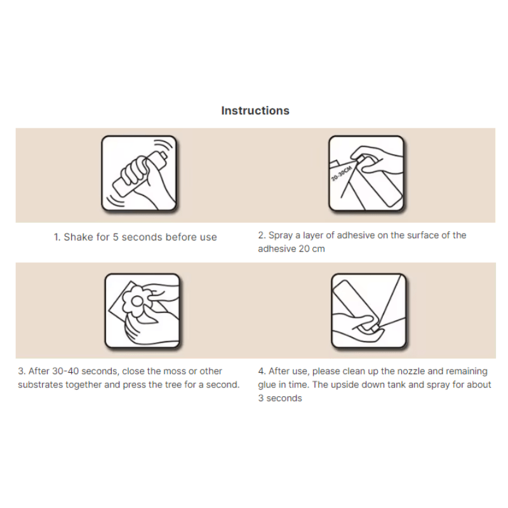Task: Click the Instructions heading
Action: [255, 110]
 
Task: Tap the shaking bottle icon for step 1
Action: [139, 173]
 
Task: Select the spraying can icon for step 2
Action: [366, 173]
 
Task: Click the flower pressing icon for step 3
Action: [142, 311]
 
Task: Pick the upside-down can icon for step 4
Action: [369, 311]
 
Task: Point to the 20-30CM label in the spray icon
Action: [342, 173]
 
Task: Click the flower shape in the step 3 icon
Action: [137, 302]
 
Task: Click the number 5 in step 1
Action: [116, 237]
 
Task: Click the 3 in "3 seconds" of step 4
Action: [261, 398]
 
